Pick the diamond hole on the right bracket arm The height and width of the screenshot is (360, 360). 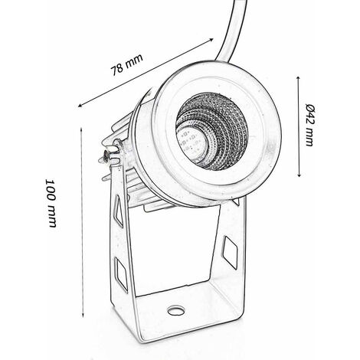tap(229, 250)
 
